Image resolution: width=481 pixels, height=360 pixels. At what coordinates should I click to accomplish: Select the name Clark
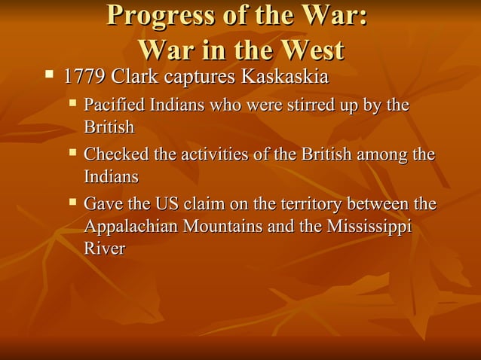pyautogui.click(x=136, y=78)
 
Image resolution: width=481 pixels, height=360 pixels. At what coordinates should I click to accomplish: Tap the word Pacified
pyautogui.click(x=115, y=105)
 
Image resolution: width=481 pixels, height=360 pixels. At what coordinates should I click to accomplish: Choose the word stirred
pyautogui.click(x=308, y=105)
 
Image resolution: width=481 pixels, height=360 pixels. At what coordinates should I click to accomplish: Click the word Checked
pyautogui.click(x=115, y=155)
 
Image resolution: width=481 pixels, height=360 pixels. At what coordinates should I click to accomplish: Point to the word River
pyautogui.click(x=104, y=249)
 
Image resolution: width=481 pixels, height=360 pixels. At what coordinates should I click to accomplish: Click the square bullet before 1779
pyautogui.click(x=50, y=75)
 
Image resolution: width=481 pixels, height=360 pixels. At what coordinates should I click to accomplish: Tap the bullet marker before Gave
pyautogui.click(x=73, y=202)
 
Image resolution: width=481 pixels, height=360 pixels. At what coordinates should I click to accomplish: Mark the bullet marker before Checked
pyautogui.click(x=73, y=153)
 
